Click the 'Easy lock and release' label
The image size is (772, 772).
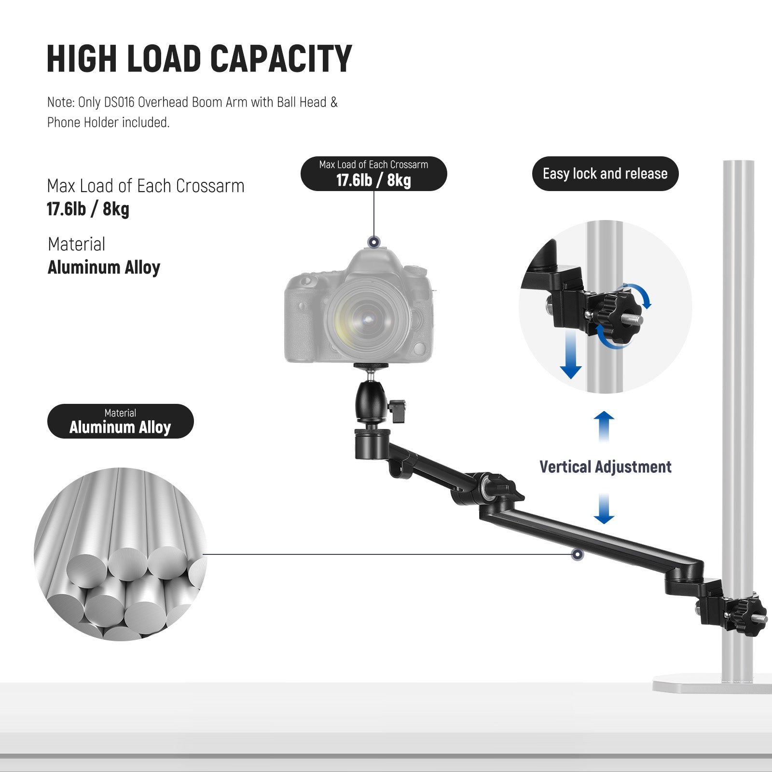605,174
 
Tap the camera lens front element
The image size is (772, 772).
368,318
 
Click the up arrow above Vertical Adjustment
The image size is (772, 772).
604,426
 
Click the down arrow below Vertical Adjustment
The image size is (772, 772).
604,509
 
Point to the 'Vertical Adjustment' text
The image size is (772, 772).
605,467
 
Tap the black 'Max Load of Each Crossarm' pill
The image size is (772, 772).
373,174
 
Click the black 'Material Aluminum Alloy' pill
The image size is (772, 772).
120,421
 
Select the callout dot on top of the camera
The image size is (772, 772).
373,242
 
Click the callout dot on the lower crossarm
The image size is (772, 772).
577,554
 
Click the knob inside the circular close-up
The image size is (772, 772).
615,316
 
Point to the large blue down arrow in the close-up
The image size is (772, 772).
571,355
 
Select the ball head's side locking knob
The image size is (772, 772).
397,411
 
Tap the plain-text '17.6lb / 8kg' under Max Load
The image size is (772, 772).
88,209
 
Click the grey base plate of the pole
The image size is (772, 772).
712,684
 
